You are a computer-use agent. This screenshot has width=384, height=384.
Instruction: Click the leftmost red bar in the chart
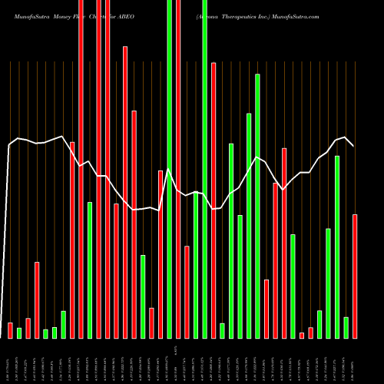click(11, 330)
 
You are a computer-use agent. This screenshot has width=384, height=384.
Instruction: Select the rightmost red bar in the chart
click(355, 276)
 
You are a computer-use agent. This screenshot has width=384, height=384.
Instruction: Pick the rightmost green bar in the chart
click(346, 327)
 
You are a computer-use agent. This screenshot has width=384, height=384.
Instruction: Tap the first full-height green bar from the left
click(170, 169)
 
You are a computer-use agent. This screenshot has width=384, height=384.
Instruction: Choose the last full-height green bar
click(204, 169)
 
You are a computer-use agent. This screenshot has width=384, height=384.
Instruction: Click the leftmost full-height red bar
click(81, 169)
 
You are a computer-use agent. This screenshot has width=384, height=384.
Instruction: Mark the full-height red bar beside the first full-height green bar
click(178, 169)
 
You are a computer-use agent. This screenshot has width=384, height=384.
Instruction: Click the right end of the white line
click(353, 145)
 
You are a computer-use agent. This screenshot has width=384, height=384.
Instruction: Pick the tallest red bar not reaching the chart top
click(125, 192)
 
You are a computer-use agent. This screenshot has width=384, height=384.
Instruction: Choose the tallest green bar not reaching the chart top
click(257, 206)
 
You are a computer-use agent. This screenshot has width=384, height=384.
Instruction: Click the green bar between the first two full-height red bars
click(89, 270)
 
